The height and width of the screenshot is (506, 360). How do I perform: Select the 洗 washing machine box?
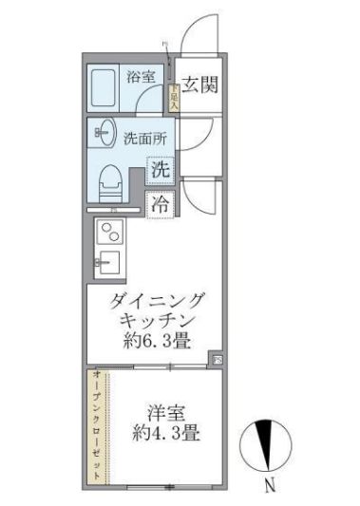(161, 171)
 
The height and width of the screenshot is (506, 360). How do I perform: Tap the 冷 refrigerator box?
(161, 203)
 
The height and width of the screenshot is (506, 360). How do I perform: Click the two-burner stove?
(110, 231)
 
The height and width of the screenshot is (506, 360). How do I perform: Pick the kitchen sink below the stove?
(110, 261)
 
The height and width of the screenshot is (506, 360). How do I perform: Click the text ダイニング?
(157, 303)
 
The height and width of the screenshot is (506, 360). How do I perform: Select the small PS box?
(216, 360)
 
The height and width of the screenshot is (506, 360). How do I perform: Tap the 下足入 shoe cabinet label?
(174, 93)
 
